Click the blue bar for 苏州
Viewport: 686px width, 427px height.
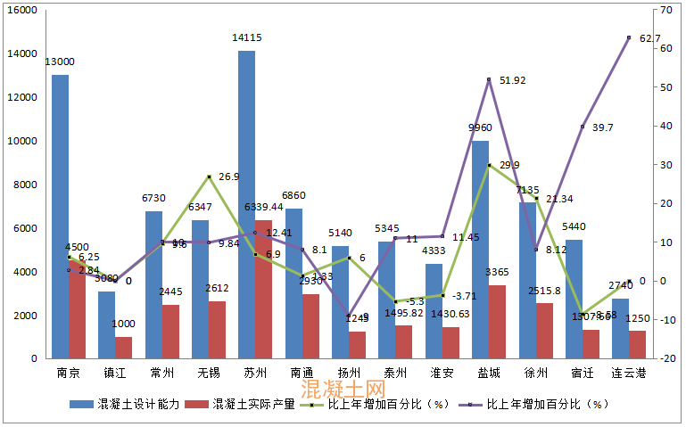(246, 205)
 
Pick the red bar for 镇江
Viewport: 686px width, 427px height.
(123, 347)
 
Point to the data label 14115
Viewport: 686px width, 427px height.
(246, 38)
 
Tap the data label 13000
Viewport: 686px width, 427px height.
(60, 62)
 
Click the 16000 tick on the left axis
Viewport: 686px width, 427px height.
(21, 10)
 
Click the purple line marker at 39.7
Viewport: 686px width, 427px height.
(583, 127)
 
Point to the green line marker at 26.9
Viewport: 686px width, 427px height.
(208, 177)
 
